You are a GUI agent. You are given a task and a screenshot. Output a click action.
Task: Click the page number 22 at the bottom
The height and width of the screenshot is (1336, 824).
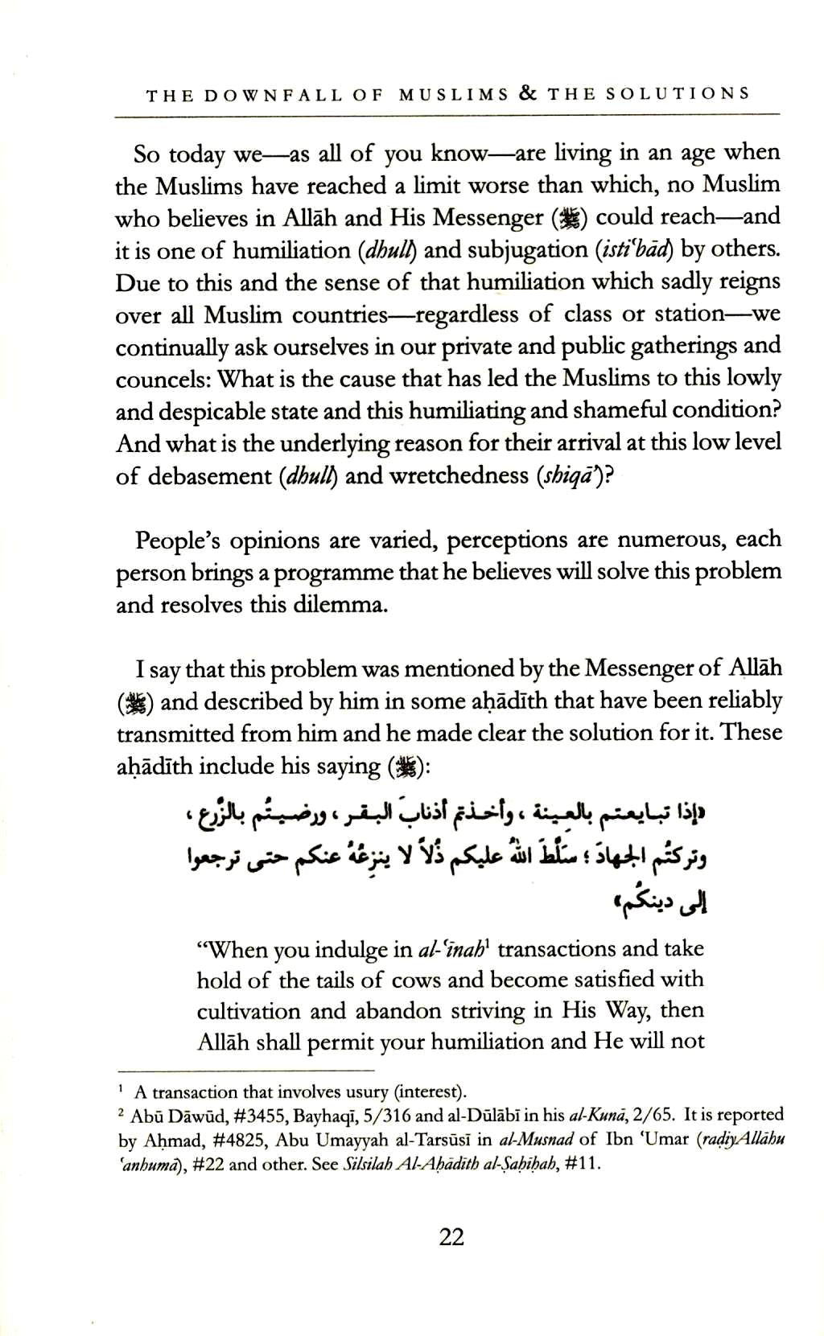[451, 1236]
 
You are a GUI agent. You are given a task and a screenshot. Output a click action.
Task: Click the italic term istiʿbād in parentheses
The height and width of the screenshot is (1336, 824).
[637, 250]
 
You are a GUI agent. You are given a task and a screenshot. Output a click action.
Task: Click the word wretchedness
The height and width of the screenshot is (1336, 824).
[458, 475]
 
